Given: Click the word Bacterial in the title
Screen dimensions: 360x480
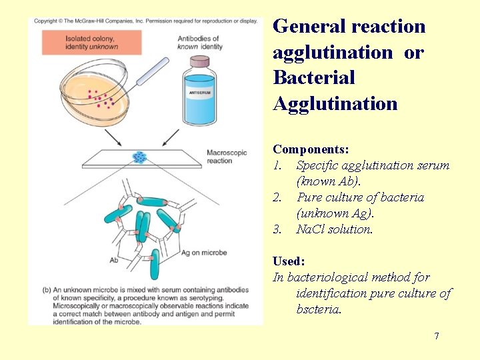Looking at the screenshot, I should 314,77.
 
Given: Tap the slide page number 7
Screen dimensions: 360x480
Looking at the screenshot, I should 437,336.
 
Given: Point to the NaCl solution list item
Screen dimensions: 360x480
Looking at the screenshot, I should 335,229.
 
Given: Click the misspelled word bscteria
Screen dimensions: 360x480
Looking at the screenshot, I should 319,309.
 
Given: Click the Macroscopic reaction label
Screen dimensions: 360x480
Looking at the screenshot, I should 227,157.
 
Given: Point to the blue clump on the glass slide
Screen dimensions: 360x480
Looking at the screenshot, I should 140,157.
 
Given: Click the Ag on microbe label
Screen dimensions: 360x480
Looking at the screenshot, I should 204,253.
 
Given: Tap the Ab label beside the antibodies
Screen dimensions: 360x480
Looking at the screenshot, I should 115,260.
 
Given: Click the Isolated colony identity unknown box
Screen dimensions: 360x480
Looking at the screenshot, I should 91,43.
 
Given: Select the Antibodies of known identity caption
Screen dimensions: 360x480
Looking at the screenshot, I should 199,43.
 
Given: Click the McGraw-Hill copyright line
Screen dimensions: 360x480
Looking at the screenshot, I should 145,21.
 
